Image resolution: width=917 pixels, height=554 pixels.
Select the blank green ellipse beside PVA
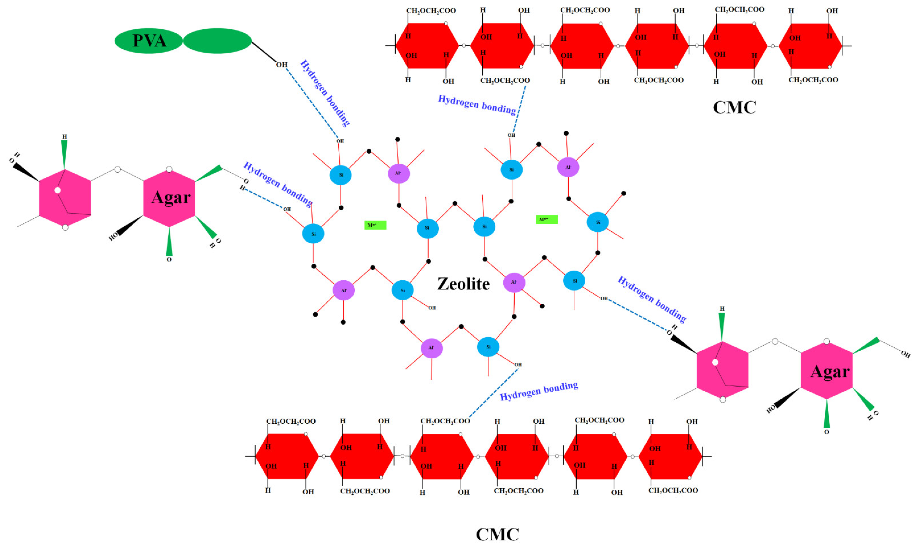tap(217, 41)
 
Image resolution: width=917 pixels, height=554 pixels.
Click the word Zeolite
tap(463, 284)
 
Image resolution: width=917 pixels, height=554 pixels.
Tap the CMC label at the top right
tap(734, 107)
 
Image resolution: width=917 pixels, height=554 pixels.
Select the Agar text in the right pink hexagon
tap(830, 371)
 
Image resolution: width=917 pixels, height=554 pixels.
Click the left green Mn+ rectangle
tap(375, 225)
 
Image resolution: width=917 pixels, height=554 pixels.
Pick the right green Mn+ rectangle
tap(547, 220)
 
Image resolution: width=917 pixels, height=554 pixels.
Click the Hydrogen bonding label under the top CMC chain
tap(477, 105)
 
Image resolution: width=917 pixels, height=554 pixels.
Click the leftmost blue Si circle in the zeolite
tap(313, 234)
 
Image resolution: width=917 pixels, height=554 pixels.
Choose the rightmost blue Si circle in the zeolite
tap(598, 222)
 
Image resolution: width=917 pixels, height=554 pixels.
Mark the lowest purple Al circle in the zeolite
tap(431, 348)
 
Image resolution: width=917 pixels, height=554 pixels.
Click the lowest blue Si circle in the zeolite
tap(488, 347)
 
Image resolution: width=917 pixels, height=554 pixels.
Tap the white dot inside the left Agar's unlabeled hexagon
tap(58, 190)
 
